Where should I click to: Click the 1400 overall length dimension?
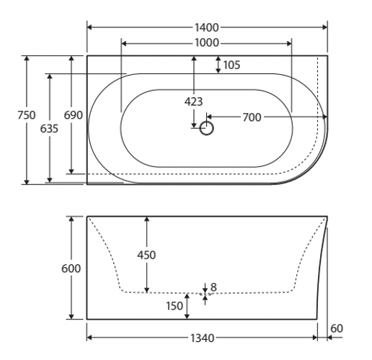tap(206, 27)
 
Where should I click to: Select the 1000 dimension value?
tap(206, 43)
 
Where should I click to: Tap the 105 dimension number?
tap(231, 65)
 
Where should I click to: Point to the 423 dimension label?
tap(193, 102)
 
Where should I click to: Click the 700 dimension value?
tap(252, 117)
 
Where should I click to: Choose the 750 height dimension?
tap(27, 115)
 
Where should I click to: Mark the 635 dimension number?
tap(49, 129)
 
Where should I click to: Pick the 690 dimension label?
tap(73, 115)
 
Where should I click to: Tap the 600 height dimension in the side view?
tap(71, 269)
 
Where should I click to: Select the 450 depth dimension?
tap(146, 255)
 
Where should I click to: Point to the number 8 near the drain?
tap(213, 287)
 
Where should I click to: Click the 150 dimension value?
tap(174, 306)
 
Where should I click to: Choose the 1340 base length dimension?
tap(202, 338)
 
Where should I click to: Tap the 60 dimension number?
tap(337, 328)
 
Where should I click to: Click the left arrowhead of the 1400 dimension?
tap(89, 27)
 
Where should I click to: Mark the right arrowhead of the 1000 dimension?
tap(289, 43)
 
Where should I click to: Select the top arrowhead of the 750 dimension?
tap(27, 58)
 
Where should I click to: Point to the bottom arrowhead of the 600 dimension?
tap(71, 317)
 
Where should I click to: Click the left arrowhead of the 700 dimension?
tap(209, 117)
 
